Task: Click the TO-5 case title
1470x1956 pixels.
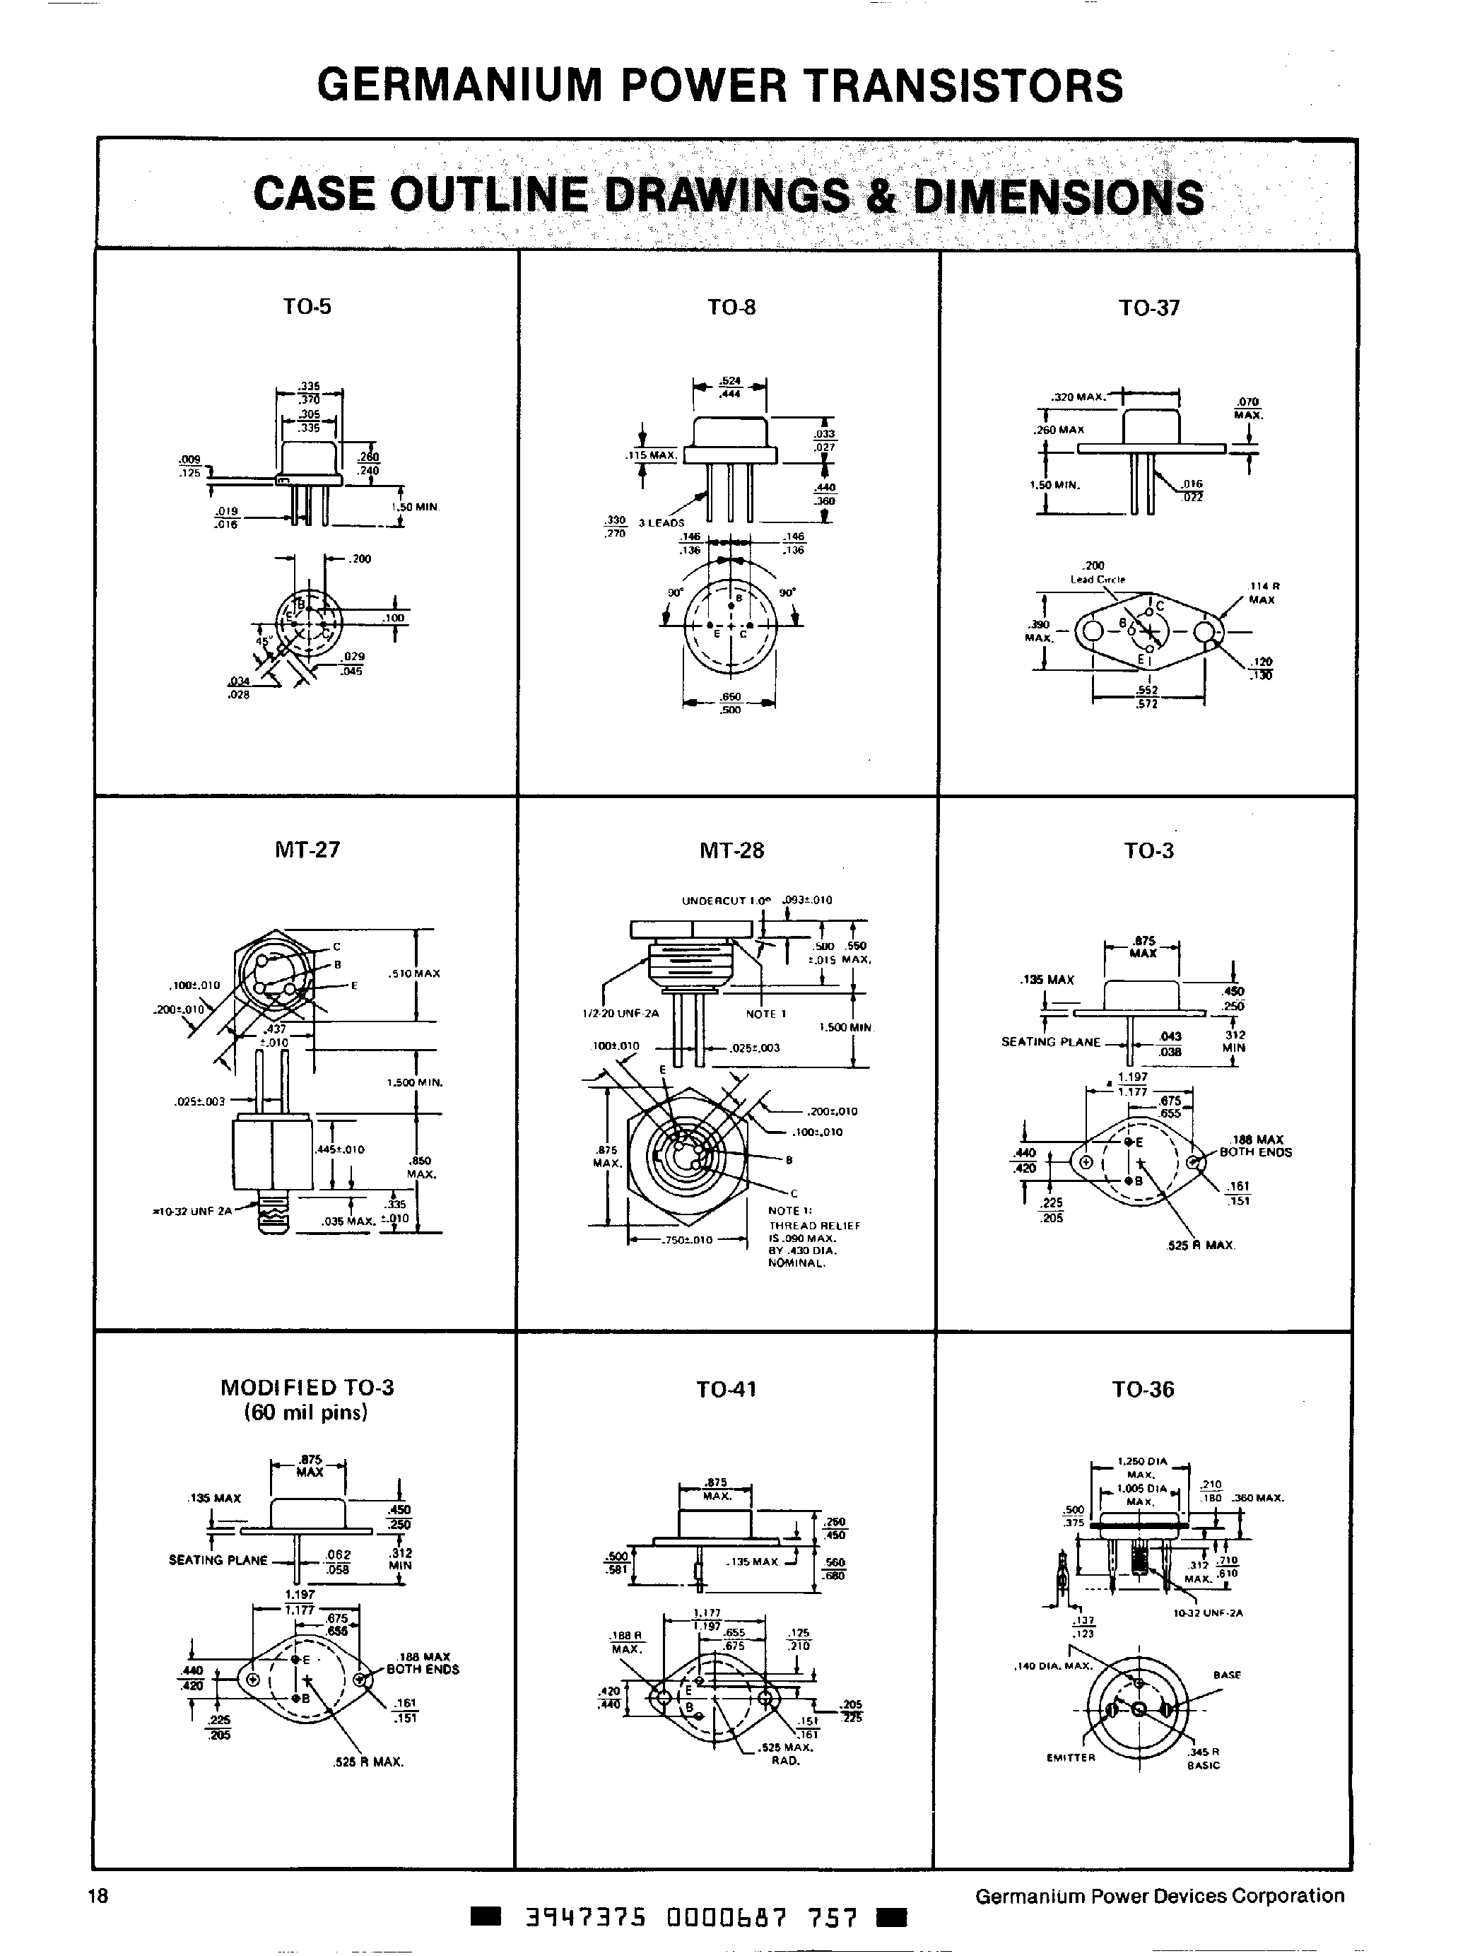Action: click(307, 307)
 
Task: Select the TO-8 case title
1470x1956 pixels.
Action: click(731, 308)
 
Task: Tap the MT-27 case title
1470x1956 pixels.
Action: click(307, 850)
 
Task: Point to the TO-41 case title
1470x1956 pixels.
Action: click(726, 1389)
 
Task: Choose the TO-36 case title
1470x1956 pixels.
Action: click(1143, 1389)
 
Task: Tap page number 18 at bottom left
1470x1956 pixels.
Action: click(98, 1895)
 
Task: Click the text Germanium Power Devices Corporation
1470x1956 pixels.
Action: click(1159, 1895)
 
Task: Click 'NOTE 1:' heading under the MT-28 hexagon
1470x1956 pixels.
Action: click(784, 1210)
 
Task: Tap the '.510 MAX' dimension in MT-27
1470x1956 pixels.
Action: click(413, 973)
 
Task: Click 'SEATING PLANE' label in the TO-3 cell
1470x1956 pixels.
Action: click(1050, 1042)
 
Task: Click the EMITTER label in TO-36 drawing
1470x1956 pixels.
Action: click(1071, 1758)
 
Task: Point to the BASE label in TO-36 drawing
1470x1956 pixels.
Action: click(1227, 1675)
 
